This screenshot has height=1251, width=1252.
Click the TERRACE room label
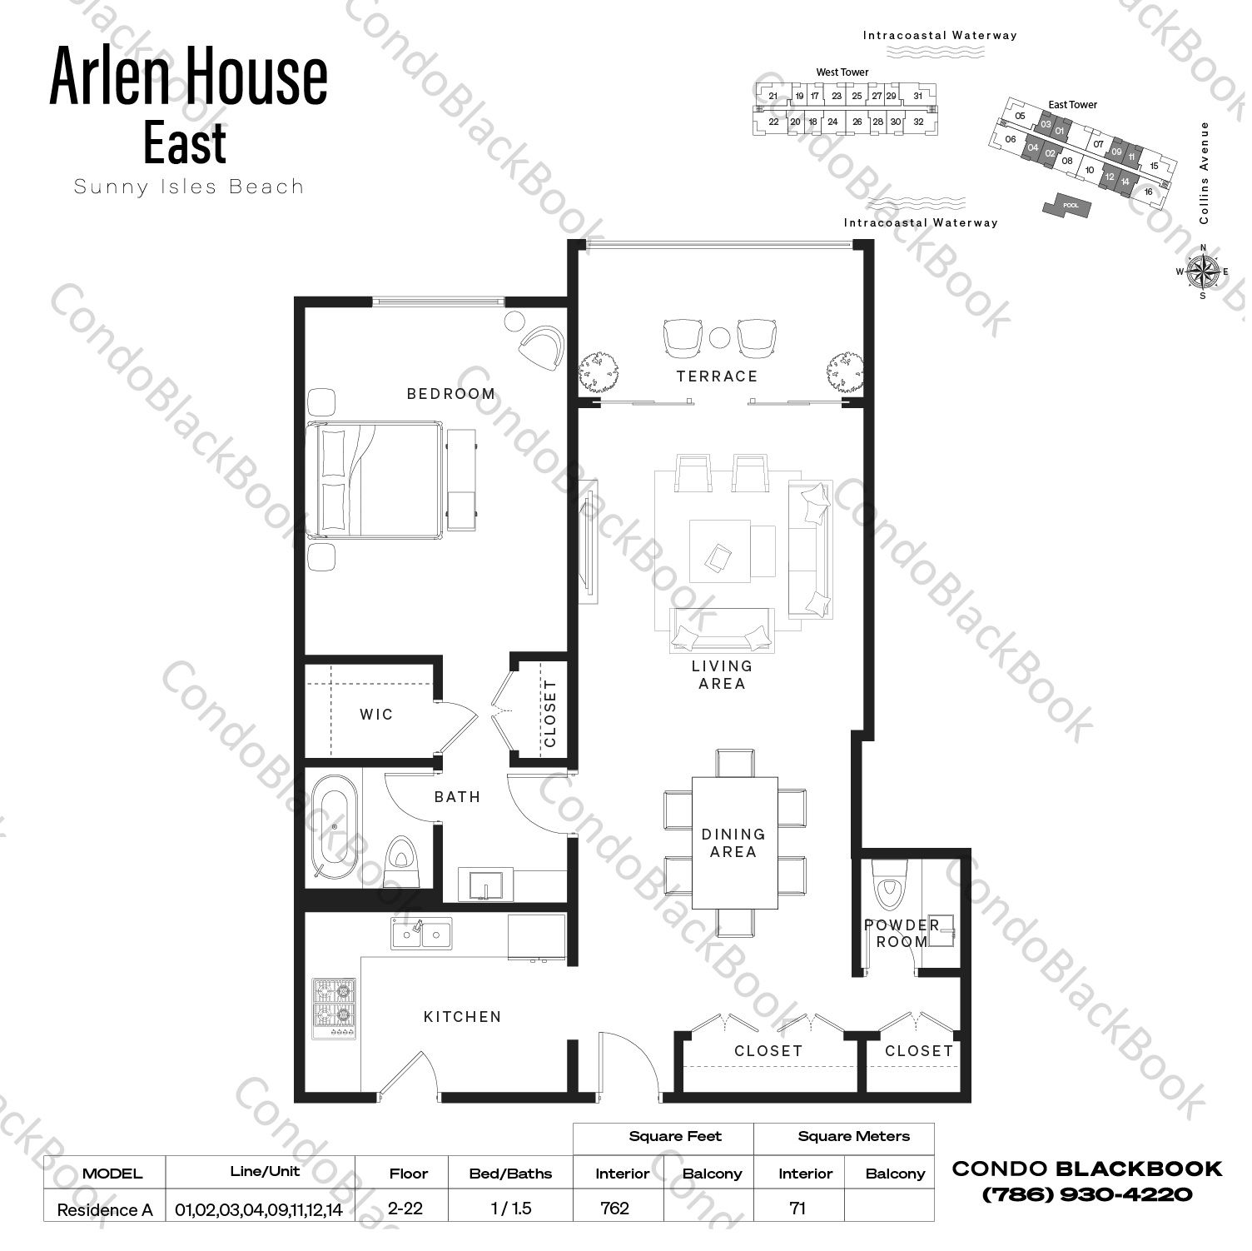(717, 376)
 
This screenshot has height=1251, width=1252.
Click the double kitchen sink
(422, 935)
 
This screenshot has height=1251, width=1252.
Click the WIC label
(376, 715)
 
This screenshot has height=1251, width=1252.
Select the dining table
(733, 842)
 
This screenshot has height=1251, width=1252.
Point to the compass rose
(1203, 271)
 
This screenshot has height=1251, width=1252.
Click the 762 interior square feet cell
(615, 1209)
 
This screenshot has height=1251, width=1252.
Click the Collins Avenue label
(1205, 172)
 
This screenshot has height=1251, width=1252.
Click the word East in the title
(185, 142)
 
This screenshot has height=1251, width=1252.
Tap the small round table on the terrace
(720, 336)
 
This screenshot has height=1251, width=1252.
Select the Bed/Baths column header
(510, 1174)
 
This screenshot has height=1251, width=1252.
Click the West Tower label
(842, 72)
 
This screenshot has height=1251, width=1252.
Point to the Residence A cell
(105, 1210)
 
